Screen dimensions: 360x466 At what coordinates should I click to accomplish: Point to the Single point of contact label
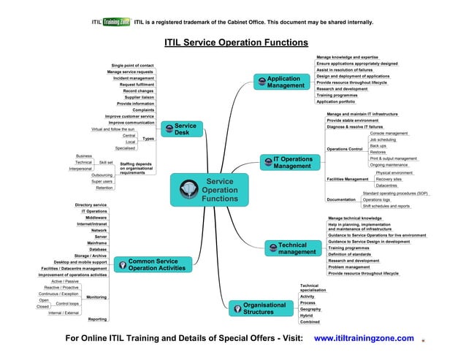coord(132,66)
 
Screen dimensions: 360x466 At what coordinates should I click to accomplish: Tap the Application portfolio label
coord(336,102)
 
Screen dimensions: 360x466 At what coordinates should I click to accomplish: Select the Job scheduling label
coord(383,139)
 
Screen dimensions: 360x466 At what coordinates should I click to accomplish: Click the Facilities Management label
coord(347,179)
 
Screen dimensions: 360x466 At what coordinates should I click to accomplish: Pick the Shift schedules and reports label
coord(386,206)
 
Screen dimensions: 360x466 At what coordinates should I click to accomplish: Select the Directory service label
coord(91,204)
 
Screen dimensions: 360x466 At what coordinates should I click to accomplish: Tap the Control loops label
coord(67,302)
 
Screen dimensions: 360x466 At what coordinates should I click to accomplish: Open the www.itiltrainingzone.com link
coord(363,338)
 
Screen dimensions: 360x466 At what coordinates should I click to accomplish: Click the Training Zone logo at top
coord(115,22)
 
